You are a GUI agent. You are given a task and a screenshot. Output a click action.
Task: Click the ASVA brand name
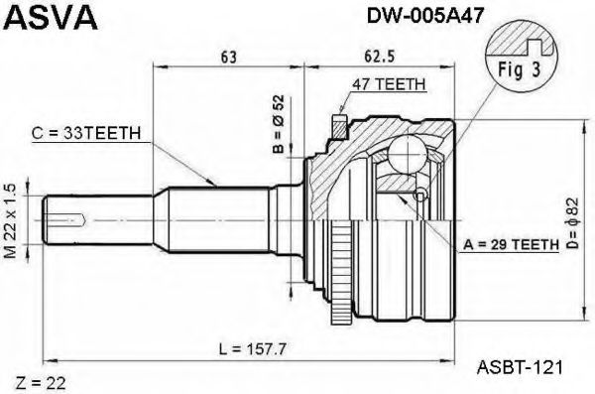tap(53, 18)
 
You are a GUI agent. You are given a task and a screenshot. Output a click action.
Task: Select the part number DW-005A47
tap(425, 16)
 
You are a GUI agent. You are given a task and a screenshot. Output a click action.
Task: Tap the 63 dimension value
tap(228, 57)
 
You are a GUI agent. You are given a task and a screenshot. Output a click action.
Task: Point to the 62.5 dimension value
tap(379, 57)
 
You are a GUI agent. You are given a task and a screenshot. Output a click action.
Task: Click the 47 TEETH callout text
tap(389, 84)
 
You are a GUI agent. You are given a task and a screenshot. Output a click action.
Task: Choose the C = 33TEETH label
tap(86, 133)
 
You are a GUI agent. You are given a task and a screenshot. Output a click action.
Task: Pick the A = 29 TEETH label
tap(511, 245)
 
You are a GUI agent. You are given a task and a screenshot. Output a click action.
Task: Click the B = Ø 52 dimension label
tap(279, 124)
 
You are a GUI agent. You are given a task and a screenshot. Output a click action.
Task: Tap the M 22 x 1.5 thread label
tap(11, 221)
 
